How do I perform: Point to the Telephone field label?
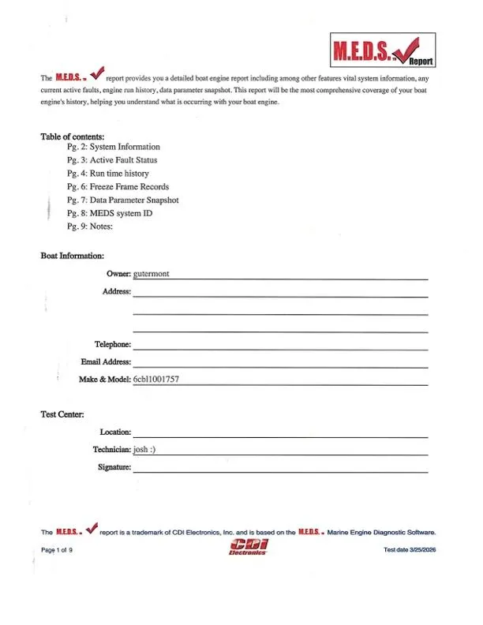click(113, 345)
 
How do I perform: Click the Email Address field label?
click(106, 362)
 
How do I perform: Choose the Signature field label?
click(111, 467)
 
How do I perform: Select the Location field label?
click(115, 432)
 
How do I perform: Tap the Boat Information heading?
click(73, 256)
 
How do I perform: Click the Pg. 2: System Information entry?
click(114, 148)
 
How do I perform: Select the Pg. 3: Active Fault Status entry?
click(113, 160)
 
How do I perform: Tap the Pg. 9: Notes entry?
click(91, 226)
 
